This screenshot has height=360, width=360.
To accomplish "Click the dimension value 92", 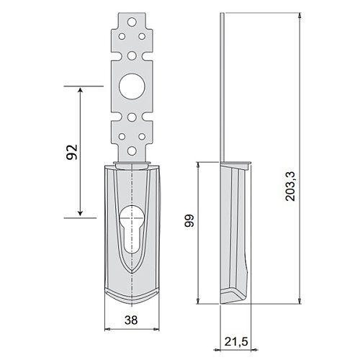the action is click(72, 152).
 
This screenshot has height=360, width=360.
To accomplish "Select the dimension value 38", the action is click(131, 320).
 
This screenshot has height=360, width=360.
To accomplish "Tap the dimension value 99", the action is click(189, 220).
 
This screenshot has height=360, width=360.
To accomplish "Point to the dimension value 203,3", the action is click(290, 186).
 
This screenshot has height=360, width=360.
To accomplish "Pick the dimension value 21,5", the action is click(236, 341).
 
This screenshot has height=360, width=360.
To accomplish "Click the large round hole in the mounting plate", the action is click(132, 86).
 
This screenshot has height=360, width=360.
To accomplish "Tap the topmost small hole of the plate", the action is click(132, 22).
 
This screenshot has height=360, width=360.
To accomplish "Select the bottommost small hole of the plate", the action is click(132, 151).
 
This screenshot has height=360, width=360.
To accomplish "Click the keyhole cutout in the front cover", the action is click(131, 228).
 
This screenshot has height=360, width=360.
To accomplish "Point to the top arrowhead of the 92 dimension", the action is click(81, 90).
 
